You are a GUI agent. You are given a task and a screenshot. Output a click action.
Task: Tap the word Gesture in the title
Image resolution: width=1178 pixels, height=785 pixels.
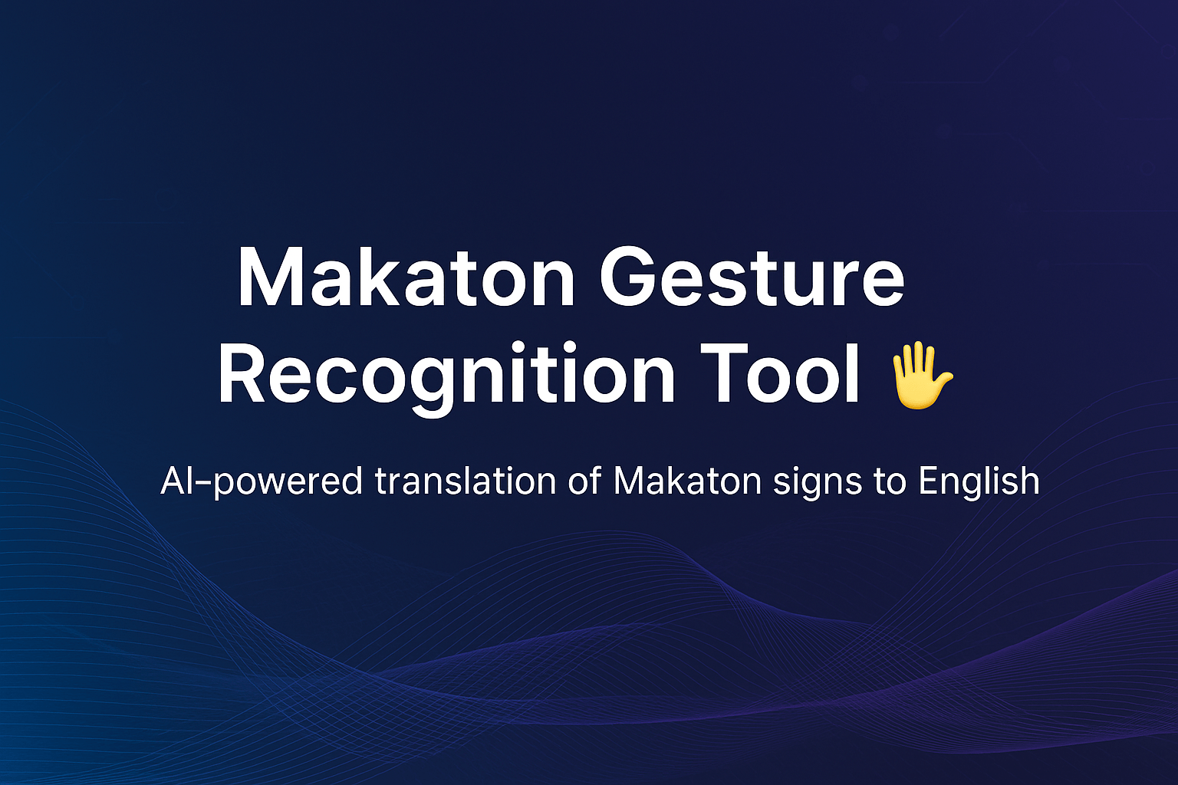pos(752,278)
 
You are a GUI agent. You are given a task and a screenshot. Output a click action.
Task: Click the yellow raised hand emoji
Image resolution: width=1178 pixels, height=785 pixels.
pos(920,376)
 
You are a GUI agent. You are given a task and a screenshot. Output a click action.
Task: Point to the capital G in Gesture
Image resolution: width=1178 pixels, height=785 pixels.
pos(633,278)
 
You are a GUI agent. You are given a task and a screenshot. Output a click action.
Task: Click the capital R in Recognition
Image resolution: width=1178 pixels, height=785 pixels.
pos(243,376)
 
